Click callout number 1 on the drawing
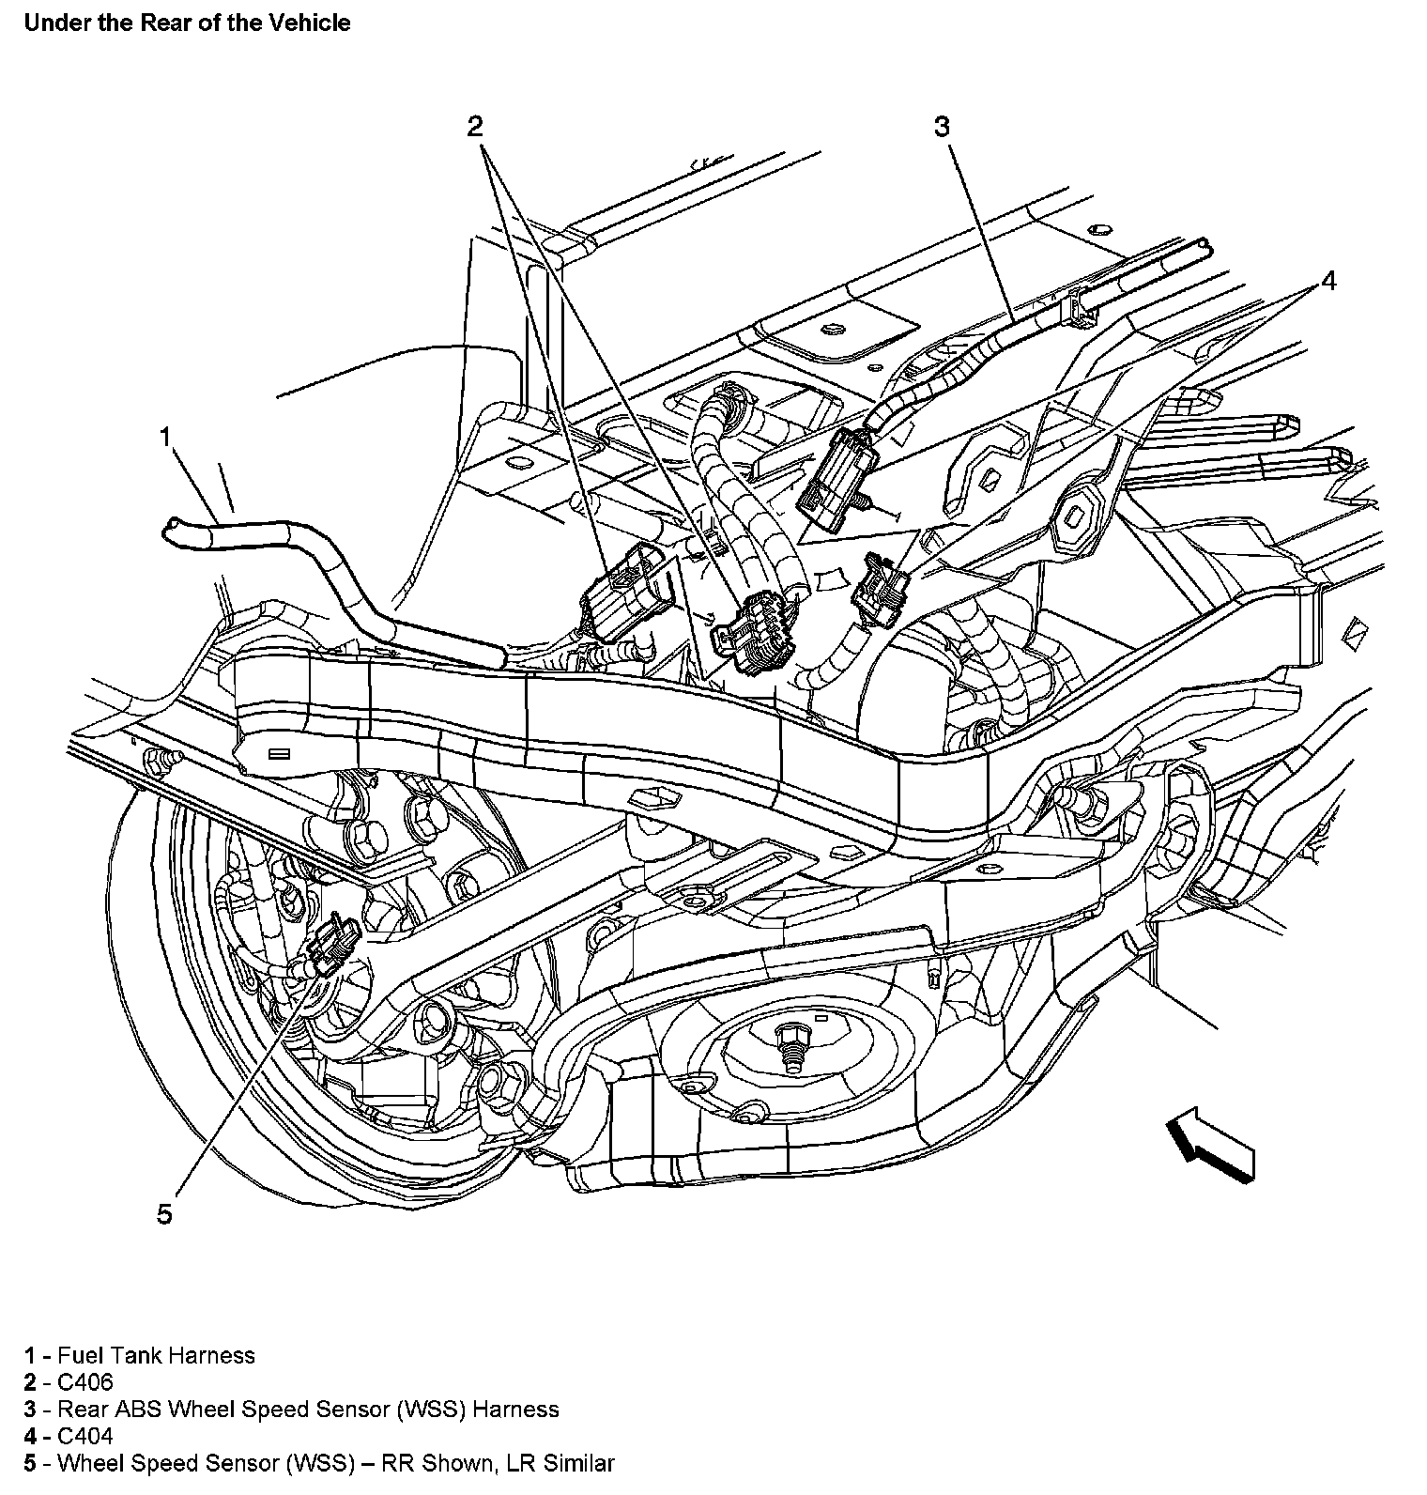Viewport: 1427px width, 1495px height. coord(166,439)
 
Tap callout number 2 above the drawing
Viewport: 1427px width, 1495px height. coord(475,126)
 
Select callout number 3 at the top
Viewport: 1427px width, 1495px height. coord(942,126)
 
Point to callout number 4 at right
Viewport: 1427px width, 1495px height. coord(1328,280)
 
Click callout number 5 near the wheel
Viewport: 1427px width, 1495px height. coord(165,1214)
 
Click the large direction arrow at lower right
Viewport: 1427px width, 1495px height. coord(1211,1143)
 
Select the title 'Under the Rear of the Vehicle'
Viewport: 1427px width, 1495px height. coord(187,23)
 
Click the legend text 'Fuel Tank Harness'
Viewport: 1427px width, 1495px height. coord(156,1355)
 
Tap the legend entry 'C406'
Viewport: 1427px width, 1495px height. coord(84,1382)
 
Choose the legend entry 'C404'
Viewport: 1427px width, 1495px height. coord(84,1436)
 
